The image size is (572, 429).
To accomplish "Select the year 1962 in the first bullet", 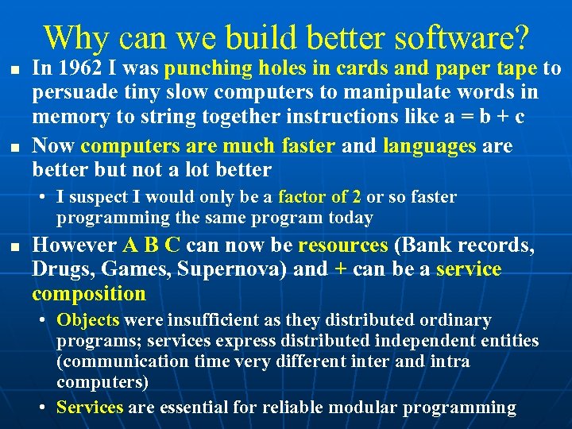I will click(75, 70).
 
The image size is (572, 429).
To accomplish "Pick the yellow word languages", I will click(430, 146).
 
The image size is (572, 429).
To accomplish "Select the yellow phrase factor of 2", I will click(320, 197).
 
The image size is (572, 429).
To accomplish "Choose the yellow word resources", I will click(342, 245).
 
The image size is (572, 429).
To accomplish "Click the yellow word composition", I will click(89, 293).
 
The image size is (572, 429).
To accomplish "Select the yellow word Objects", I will click(88, 320).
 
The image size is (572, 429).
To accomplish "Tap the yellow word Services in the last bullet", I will click(90, 408).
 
